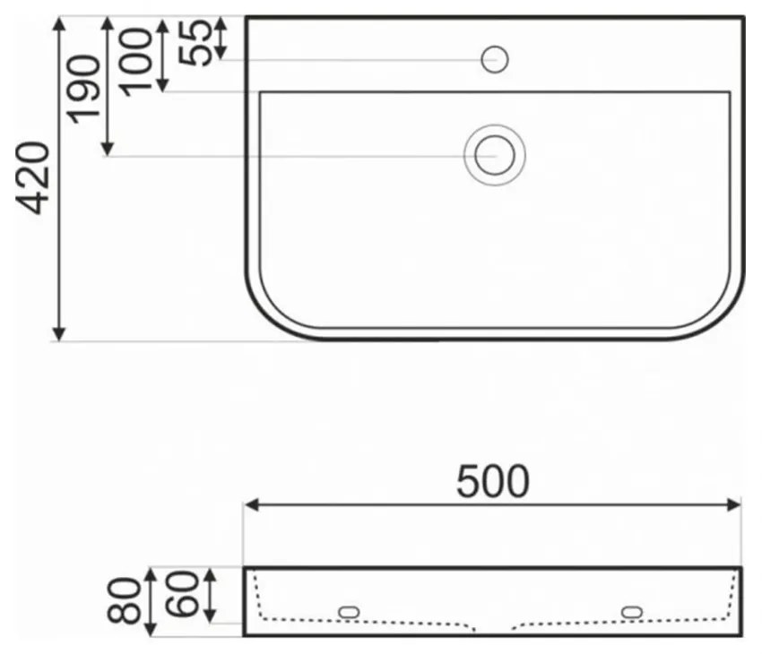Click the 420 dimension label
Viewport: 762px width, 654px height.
(34, 177)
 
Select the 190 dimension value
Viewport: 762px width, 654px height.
(84, 88)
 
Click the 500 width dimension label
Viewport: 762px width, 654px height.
(492, 482)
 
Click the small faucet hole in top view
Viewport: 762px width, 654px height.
(495, 60)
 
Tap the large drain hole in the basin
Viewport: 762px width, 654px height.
(494, 154)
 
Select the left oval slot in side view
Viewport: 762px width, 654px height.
(349, 612)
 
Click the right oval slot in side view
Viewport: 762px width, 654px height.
(632, 612)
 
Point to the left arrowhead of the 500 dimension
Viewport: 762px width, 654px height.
(251, 505)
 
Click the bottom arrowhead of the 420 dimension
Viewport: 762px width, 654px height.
(59, 334)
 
